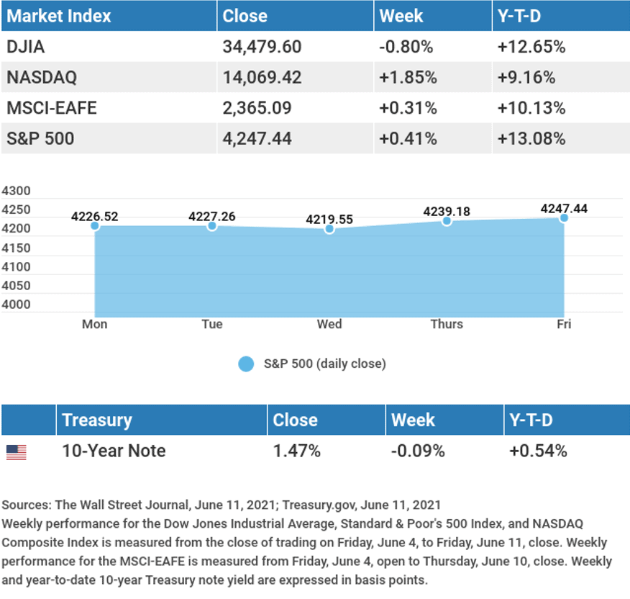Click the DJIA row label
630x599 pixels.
pos(25,48)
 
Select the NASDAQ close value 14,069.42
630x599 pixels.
pos(262,78)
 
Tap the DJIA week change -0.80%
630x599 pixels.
pos(406,48)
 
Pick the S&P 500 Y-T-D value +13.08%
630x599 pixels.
pos(531,138)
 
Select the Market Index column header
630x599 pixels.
pos(59,16)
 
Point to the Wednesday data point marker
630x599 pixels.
pos(329,229)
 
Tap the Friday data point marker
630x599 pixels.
pos(564,217)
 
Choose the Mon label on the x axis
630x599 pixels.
pos(94,324)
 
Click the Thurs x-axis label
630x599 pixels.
pos(447,324)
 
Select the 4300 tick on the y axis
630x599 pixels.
pos(16,192)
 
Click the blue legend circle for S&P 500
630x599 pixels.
pos(246,364)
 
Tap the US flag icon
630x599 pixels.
pos(16,452)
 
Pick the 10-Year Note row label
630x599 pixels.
pos(114,451)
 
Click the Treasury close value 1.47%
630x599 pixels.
pos(296,451)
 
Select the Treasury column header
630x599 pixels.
pos(97,420)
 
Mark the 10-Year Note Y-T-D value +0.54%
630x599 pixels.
pos(538,451)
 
